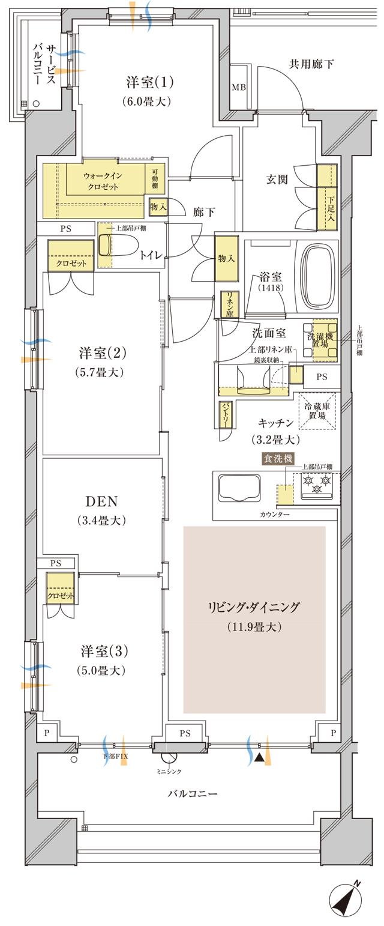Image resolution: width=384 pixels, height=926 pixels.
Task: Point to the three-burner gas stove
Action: point(316,485)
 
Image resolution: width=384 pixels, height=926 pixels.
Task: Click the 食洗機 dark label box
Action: point(277,458)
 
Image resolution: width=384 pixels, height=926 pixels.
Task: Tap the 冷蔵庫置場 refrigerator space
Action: point(317,411)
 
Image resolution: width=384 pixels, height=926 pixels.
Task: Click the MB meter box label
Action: point(238,87)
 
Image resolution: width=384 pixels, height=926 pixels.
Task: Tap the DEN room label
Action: point(101,501)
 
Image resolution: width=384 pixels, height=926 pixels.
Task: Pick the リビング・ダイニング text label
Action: point(254,607)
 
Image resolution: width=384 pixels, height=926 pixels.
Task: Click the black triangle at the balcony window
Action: point(258,758)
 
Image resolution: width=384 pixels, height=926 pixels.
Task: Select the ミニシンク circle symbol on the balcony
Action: point(170,757)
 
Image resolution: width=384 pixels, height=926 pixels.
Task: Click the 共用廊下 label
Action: point(311,64)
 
